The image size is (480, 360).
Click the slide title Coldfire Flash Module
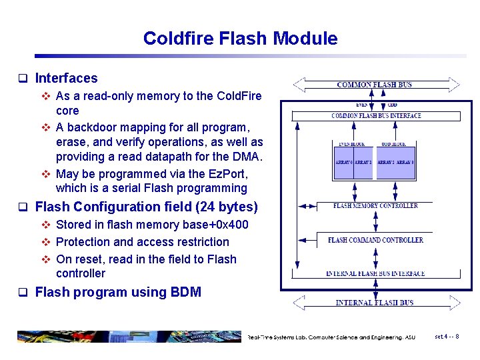(240, 39)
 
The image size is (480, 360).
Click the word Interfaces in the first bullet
(66, 79)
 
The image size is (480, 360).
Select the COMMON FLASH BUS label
(375, 85)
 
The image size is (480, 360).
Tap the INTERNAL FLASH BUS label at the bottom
(375, 303)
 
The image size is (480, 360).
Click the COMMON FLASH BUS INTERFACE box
(376, 116)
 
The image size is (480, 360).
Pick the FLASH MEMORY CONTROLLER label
(375, 206)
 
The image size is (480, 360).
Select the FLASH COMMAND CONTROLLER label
(375, 240)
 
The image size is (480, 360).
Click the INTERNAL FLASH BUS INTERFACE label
(375, 273)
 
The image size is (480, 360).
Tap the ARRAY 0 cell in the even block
(343, 163)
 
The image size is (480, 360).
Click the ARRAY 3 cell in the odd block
(405, 163)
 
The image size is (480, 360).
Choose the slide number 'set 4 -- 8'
(446, 337)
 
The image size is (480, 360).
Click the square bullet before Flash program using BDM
(22, 293)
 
